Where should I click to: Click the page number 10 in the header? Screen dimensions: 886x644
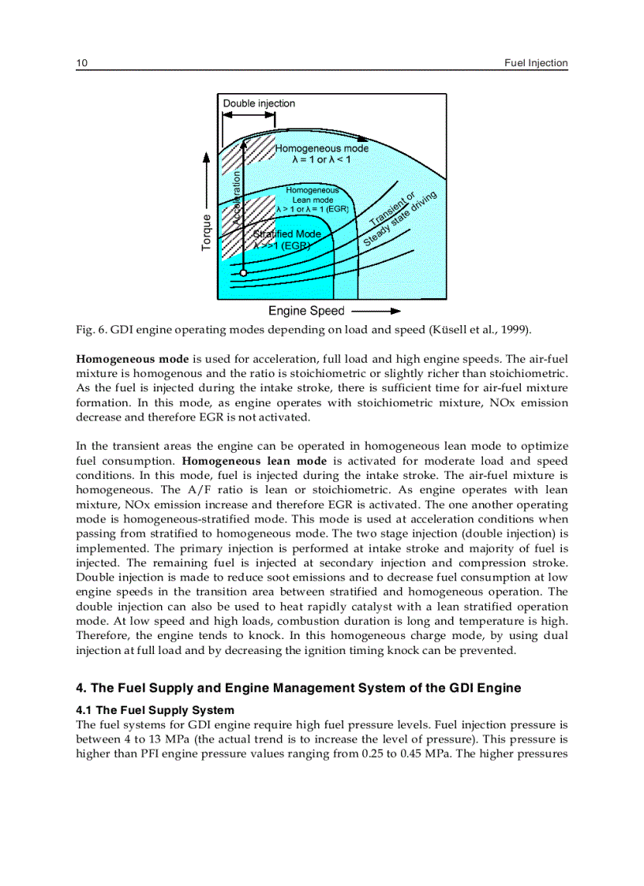(81, 63)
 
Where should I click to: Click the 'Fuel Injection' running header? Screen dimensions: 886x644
(536, 63)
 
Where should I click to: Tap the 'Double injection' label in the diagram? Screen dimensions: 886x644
(259, 103)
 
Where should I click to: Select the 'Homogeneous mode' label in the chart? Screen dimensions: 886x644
(321, 148)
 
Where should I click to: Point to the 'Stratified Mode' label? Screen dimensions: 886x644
(286, 234)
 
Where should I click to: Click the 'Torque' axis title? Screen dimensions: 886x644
(207, 233)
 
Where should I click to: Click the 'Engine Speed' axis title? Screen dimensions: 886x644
(306, 312)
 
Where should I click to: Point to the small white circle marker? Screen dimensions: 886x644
(244, 272)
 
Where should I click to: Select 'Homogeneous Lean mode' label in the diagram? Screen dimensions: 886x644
(312, 200)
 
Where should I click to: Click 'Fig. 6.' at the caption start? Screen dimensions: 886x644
(90, 329)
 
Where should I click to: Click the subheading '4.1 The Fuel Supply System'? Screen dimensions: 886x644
(155, 710)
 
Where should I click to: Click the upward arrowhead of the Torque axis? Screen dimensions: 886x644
(207, 159)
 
